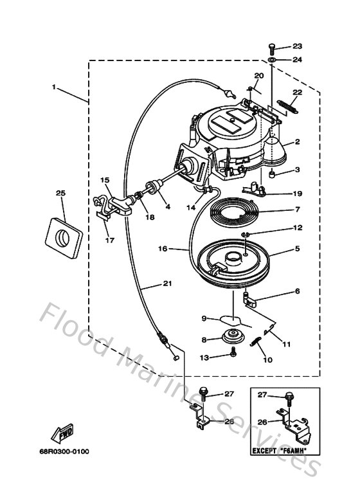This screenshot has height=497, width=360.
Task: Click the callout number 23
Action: coord(297,46)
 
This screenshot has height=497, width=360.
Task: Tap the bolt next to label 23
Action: coord(272,47)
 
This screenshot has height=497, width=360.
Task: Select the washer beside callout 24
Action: coord(272,60)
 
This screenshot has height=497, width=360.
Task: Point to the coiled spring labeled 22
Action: coord(286,107)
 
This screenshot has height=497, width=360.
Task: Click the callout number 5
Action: coord(297,248)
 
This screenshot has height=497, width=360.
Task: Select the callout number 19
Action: coord(297,193)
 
